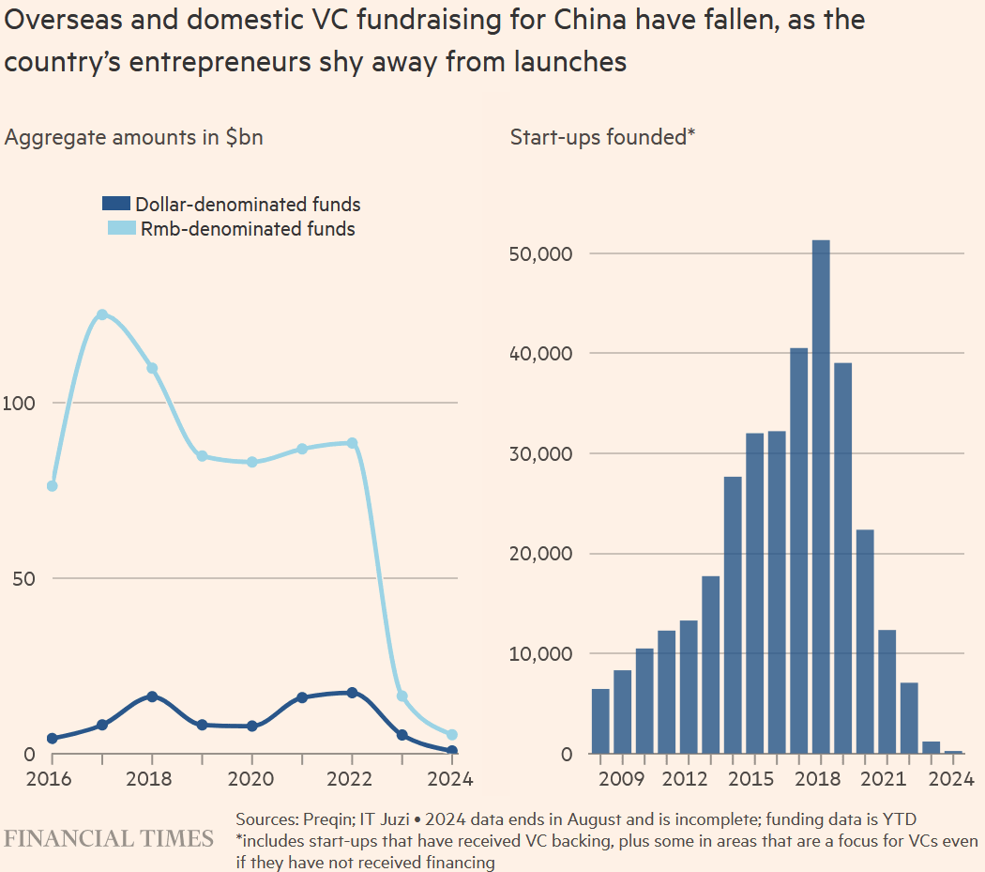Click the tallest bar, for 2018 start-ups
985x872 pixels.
(x=821, y=497)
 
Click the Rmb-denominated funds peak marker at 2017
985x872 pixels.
(x=102, y=314)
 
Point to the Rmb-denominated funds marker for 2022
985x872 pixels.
(x=352, y=443)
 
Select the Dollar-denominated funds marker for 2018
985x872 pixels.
(x=152, y=696)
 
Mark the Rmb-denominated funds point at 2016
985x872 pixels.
(x=53, y=486)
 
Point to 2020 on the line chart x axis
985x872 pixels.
(x=252, y=779)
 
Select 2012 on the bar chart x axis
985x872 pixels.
(x=688, y=779)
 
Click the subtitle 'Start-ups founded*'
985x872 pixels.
(x=601, y=137)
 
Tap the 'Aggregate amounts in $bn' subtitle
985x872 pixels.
(x=134, y=137)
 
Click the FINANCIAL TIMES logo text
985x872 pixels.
(x=109, y=838)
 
